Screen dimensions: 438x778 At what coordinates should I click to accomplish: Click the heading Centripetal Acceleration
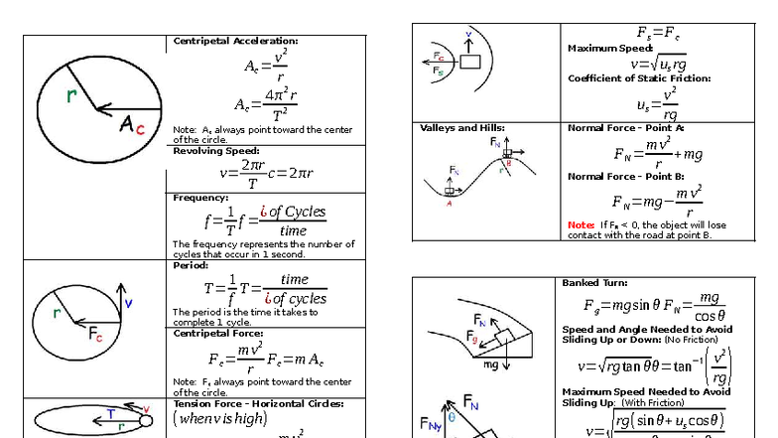click(x=235, y=41)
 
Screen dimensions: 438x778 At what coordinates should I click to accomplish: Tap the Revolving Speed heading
click(x=216, y=151)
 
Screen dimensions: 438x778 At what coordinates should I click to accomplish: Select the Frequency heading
click(x=200, y=198)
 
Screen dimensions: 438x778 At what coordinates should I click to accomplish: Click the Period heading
click(x=190, y=265)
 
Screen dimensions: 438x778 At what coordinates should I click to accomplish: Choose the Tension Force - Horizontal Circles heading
click(x=258, y=403)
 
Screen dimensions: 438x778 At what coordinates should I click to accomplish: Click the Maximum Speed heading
click(x=609, y=49)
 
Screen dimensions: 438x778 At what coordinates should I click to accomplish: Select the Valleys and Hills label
click(x=462, y=128)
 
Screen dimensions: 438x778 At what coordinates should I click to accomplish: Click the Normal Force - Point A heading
click(x=626, y=128)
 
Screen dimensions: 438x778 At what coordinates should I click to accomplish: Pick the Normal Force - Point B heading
click(x=626, y=177)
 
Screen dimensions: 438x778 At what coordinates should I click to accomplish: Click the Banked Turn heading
click(x=594, y=283)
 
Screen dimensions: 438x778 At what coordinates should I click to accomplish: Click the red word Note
click(x=581, y=224)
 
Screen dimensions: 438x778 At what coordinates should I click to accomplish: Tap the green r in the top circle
click(x=71, y=95)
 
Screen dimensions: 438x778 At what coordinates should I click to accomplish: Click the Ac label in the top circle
click(x=133, y=124)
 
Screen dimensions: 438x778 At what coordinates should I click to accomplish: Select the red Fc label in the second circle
click(x=95, y=335)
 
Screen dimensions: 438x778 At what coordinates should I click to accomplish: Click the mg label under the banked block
click(x=490, y=365)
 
